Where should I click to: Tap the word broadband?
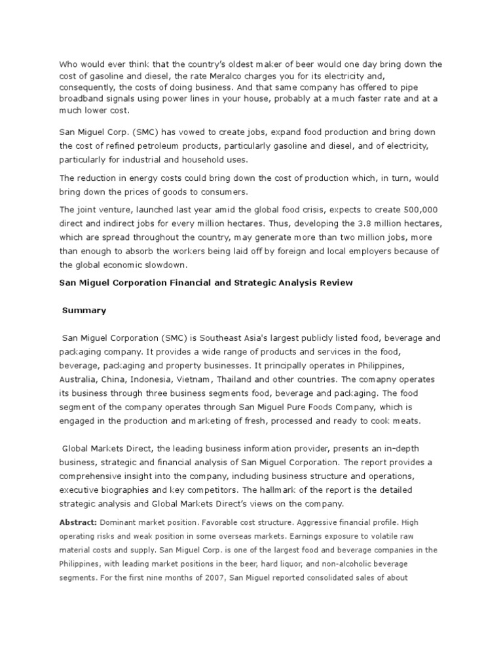point(82,98)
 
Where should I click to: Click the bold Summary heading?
point(84,310)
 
